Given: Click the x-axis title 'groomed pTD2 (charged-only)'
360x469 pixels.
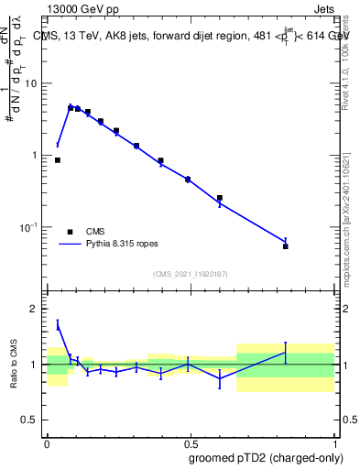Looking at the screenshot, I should click(x=267, y=457).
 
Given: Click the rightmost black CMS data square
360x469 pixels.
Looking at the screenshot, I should click(x=286, y=246).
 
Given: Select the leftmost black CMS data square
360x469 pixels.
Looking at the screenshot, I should click(x=58, y=160).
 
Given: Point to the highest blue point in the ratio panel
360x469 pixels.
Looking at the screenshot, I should click(x=58, y=324).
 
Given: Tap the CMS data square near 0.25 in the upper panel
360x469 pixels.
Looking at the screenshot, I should click(x=116, y=131).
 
